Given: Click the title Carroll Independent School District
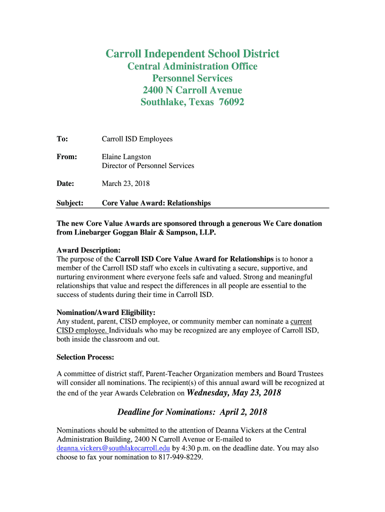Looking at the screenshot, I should click(x=192, y=54).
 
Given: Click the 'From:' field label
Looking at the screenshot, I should click(x=67, y=157).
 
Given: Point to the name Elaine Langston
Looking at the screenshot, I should click(x=126, y=157).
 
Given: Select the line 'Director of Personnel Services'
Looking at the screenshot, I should click(x=148, y=166).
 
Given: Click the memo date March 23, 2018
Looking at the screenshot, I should click(x=126, y=184).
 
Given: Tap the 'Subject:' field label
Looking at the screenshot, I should click(x=69, y=203).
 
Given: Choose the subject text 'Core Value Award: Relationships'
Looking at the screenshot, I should click(x=156, y=203).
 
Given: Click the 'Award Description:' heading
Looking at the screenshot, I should click(x=88, y=250).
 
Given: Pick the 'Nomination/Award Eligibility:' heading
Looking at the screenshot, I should click(x=105, y=312).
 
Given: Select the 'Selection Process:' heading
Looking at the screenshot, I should click(x=85, y=357).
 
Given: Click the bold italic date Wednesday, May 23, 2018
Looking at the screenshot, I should click(x=233, y=393).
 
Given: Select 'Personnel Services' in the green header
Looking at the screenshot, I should click(x=192, y=78).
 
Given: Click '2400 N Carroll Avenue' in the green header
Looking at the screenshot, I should click(x=192, y=90).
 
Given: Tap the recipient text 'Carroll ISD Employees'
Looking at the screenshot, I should click(x=137, y=139).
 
